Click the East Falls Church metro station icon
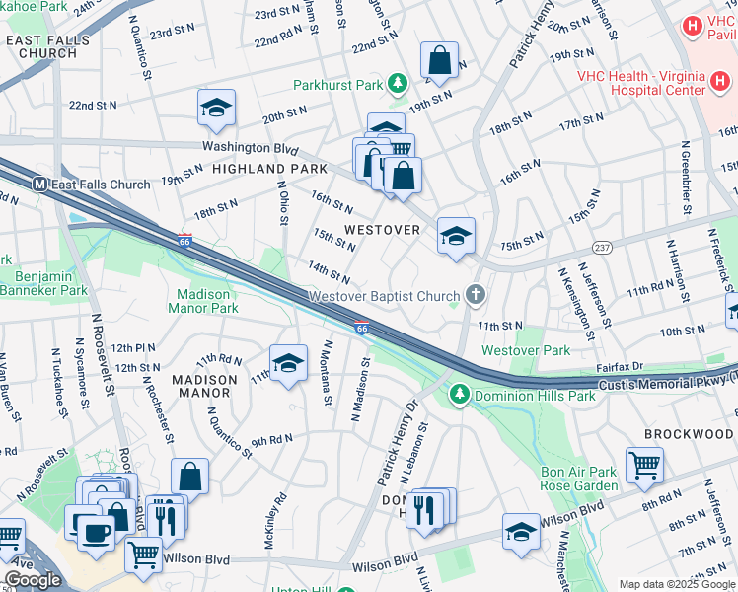coord(40,185)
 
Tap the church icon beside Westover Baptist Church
coord(476,295)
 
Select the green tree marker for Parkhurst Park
coord(397,85)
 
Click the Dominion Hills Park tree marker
coord(459,396)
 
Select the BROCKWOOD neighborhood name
coord(690,434)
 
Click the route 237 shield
coord(601,245)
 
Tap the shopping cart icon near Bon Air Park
coord(644,464)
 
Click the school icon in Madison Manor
coord(288,362)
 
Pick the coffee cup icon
coord(96,532)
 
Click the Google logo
coord(34,580)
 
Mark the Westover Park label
coord(526,350)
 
